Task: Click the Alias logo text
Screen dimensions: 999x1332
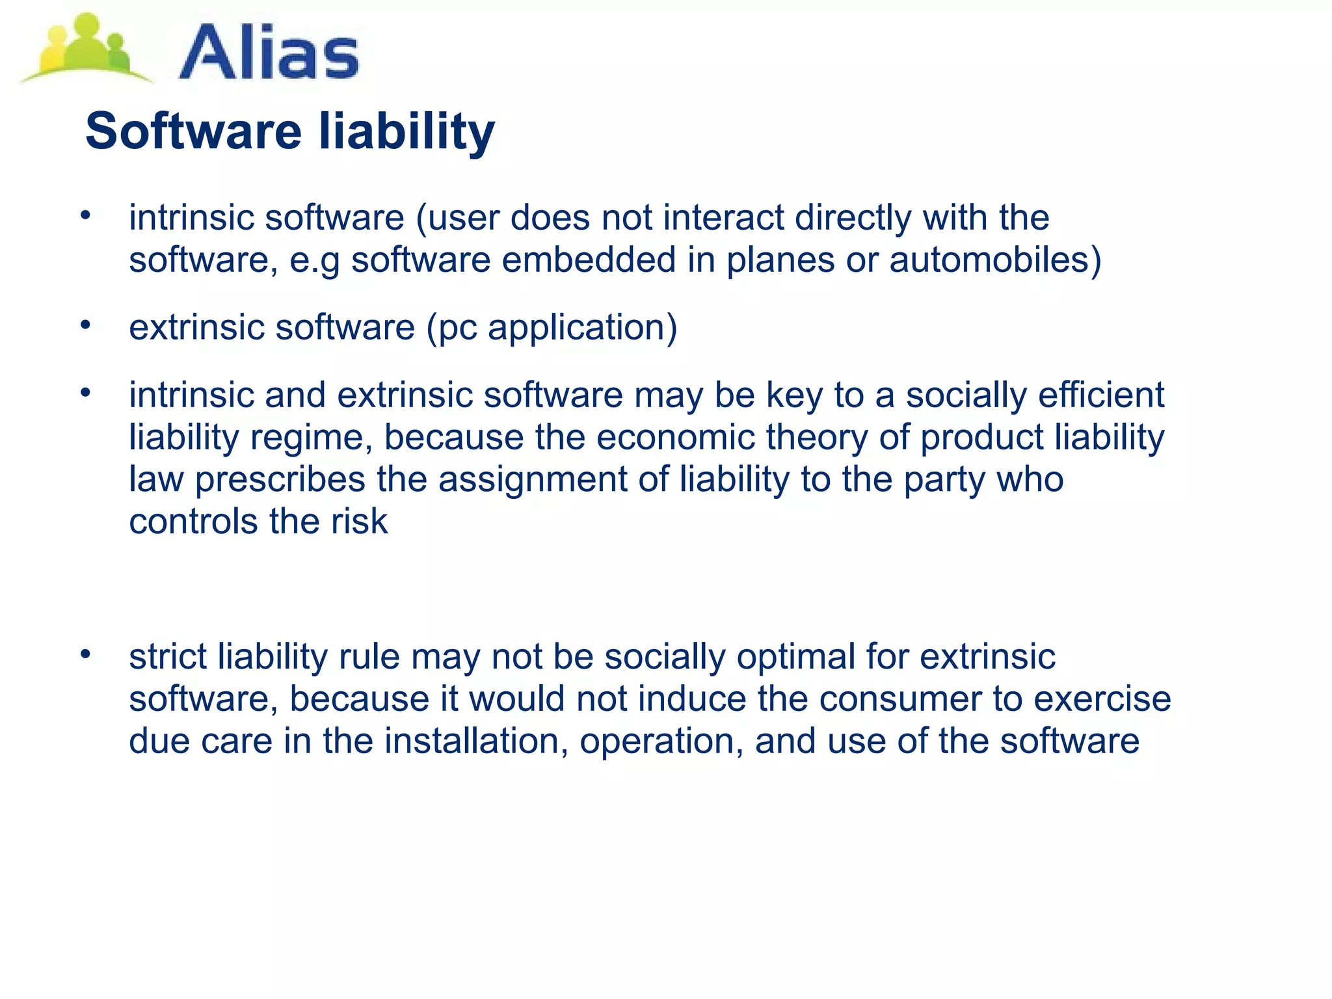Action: (268, 52)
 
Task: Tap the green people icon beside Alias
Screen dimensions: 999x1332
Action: (85, 49)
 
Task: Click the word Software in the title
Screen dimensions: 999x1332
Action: (193, 131)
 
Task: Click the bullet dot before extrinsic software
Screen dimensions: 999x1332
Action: (85, 324)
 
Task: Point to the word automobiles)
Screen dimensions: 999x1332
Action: (995, 260)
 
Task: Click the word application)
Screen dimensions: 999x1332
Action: (583, 328)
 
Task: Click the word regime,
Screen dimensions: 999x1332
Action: (312, 438)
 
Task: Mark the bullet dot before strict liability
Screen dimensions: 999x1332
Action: (85, 653)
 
